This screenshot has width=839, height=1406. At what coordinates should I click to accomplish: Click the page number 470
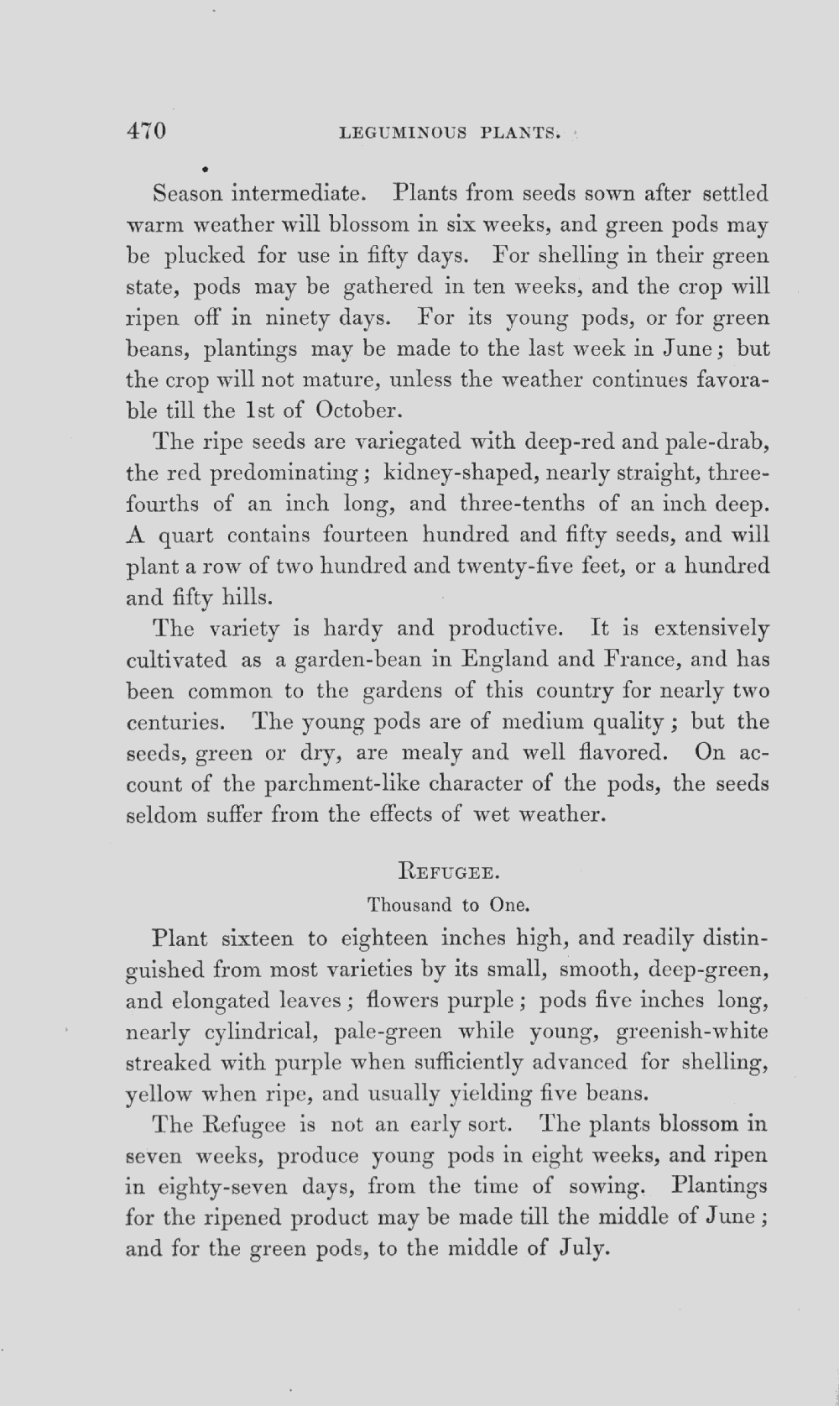tap(147, 132)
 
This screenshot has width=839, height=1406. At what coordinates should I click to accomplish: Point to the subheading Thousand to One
tap(447, 905)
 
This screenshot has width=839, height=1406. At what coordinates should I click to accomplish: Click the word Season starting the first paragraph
tap(188, 194)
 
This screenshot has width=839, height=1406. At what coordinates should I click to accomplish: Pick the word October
tap(359, 410)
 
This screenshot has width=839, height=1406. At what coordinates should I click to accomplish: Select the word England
tap(504, 660)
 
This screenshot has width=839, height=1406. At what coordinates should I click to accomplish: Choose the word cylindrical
tap(262, 1032)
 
